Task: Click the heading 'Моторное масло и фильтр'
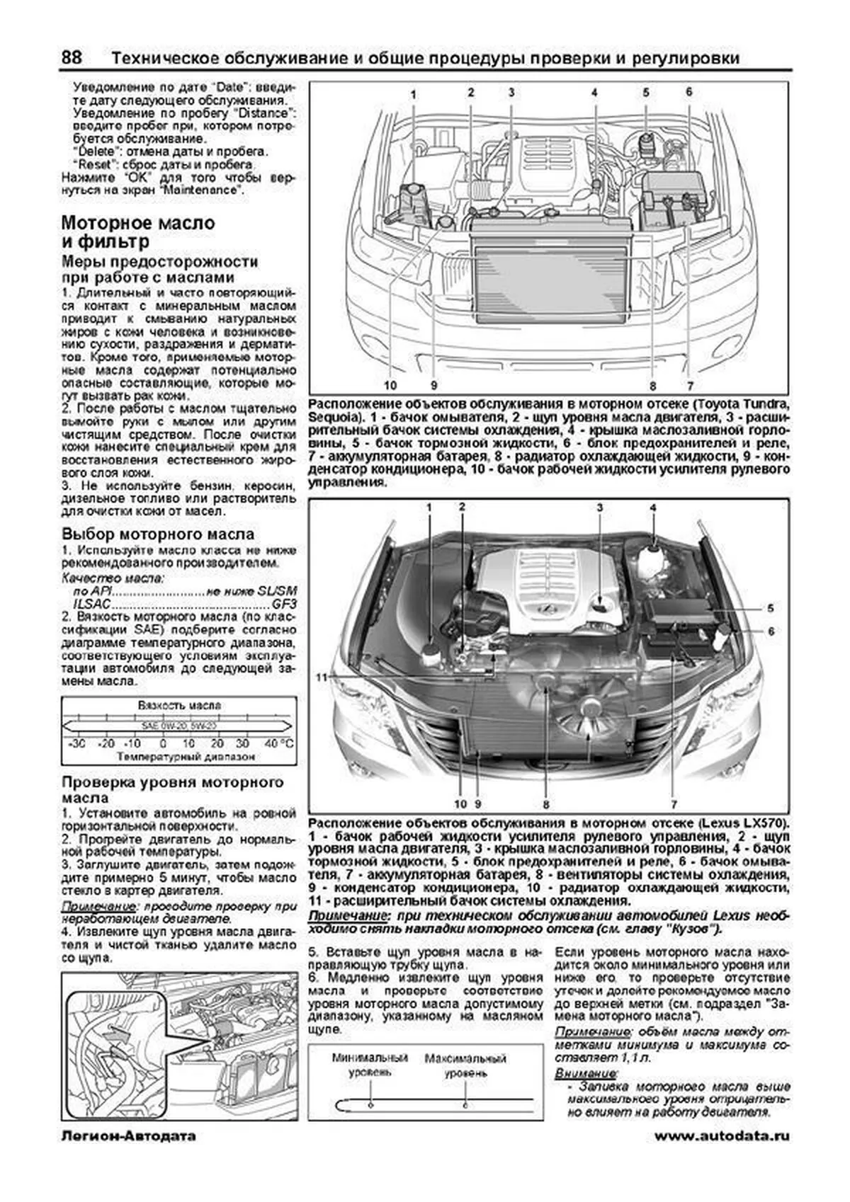tap(138, 232)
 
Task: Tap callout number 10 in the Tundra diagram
tap(390, 386)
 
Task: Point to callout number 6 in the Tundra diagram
tap(688, 91)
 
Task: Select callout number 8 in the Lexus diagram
tap(546, 804)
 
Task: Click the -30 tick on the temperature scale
tap(76, 743)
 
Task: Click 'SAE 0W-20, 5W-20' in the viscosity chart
tap(178, 726)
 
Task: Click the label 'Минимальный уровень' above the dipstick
tap(370, 1065)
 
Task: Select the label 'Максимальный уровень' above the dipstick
tap(465, 1065)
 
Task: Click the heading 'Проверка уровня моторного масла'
tap(172, 789)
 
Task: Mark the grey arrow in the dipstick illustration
tap(120, 1038)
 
